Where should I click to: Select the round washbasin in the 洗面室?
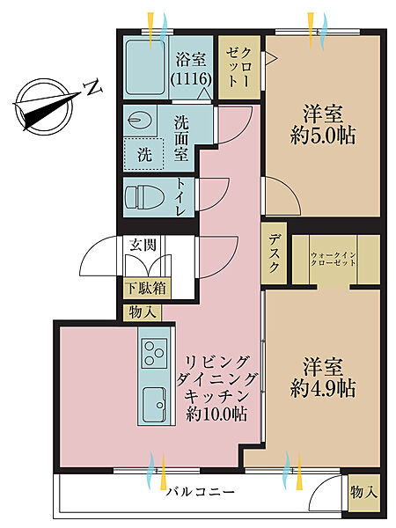click(x=139, y=120)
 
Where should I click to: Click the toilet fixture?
click(x=146, y=194)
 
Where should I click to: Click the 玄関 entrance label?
click(x=143, y=246)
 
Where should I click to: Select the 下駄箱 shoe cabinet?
click(x=146, y=286)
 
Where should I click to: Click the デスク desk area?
click(x=275, y=255)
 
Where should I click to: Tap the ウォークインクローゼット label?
click(x=334, y=260)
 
